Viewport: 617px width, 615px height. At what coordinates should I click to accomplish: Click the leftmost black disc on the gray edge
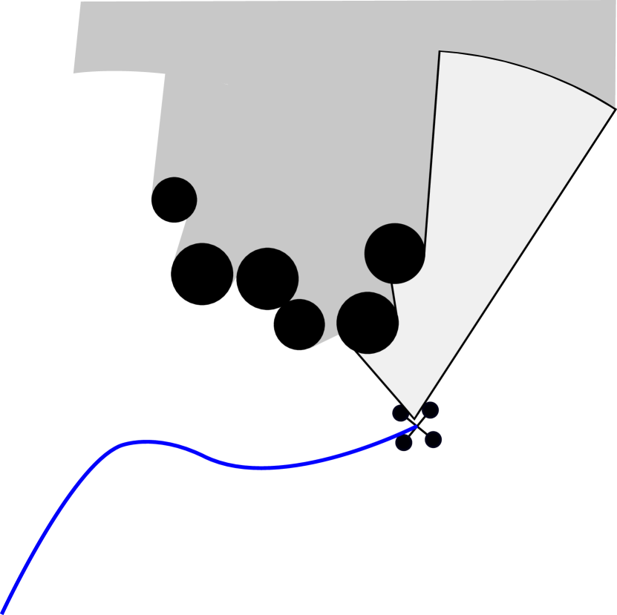[x=174, y=200]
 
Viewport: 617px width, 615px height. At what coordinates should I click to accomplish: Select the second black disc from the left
[x=203, y=269]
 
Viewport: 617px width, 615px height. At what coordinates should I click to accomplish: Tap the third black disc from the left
[x=267, y=276]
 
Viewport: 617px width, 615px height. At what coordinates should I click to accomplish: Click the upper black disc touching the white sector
[x=395, y=253]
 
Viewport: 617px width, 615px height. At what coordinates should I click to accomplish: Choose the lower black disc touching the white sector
[x=368, y=323]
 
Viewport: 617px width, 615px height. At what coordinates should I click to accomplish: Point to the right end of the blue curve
[x=416, y=424]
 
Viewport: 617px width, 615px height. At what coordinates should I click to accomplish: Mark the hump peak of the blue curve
[x=145, y=442]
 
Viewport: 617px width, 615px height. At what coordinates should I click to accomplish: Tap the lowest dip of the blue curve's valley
[x=260, y=467]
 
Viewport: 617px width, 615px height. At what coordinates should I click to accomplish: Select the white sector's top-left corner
[x=440, y=51]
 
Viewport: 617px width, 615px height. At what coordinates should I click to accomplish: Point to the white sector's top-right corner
[x=615, y=109]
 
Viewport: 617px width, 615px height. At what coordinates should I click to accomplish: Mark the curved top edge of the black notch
[x=119, y=72]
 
